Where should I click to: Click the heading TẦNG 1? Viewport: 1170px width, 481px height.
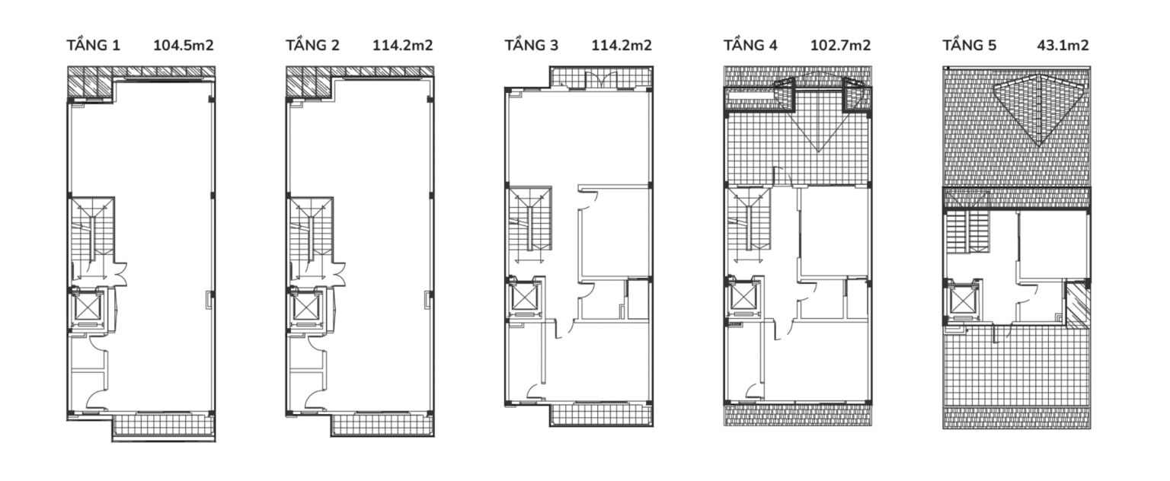pyautogui.click(x=94, y=46)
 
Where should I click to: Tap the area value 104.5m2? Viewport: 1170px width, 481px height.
pyautogui.click(x=184, y=46)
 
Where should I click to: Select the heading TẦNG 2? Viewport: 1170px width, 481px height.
pyautogui.click(x=312, y=46)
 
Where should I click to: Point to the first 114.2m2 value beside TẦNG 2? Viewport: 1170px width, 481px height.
pyautogui.click(x=402, y=46)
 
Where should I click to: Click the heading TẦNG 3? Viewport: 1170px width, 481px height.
pyautogui.click(x=531, y=46)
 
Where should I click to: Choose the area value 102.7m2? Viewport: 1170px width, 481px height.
pyautogui.click(x=840, y=46)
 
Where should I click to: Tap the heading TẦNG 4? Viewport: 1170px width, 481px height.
pyautogui.click(x=750, y=46)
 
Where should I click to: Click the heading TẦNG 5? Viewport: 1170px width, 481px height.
pyautogui.click(x=970, y=46)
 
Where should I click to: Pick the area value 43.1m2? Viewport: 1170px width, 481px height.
pyautogui.click(x=1063, y=46)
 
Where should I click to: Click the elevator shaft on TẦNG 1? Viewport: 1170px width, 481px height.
pyautogui.click(x=87, y=308)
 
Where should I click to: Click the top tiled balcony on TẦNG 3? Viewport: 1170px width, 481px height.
pyautogui.click(x=601, y=78)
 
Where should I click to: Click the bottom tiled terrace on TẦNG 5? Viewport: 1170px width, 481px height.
pyautogui.click(x=1016, y=376)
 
